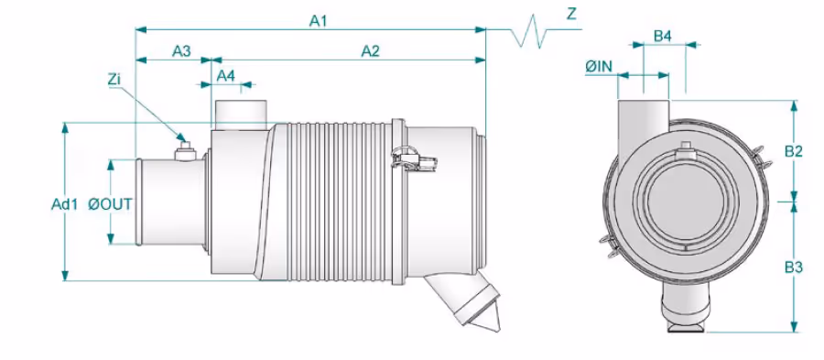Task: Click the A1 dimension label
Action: (318, 20)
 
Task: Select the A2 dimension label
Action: (371, 51)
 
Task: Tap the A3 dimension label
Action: (181, 51)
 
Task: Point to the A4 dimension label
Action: (226, 76)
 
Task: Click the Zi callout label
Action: (114, 80)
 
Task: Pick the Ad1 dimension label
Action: (64, 204)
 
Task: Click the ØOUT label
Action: (111, 204)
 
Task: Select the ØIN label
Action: (599, 67)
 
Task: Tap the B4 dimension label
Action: (663, 37)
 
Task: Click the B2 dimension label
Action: (794, 151)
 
